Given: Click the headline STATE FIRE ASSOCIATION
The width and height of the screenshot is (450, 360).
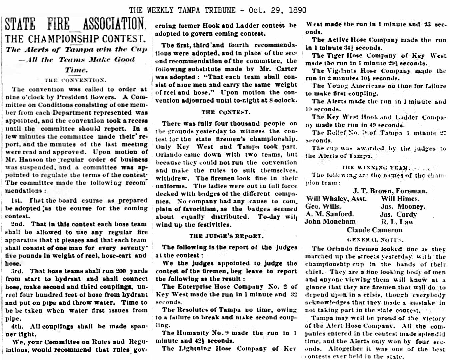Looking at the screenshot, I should point(76,24).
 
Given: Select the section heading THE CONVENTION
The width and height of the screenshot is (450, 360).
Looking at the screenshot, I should point(76,80).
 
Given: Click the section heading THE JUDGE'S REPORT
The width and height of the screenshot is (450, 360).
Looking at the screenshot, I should point(226,236).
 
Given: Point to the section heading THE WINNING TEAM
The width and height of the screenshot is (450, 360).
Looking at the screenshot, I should point(376,168).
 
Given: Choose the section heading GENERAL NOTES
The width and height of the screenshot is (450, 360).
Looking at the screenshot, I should point(375,239).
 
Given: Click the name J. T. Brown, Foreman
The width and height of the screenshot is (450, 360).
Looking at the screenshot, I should point(390,191).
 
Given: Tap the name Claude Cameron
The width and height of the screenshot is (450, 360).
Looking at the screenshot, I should point(374,230).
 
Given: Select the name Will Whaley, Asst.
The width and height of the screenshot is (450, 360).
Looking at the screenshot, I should point(336,199).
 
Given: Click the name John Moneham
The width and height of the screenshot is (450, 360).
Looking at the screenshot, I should point(330,221).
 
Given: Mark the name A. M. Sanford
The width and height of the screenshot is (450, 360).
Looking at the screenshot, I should point(330,214).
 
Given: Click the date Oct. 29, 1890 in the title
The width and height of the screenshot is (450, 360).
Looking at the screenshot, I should point(278,10).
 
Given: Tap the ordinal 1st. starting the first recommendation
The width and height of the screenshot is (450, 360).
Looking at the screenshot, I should point(17,201).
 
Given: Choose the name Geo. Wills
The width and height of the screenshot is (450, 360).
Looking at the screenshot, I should point(323,206).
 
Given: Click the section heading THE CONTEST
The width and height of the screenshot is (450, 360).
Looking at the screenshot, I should point(226,112).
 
